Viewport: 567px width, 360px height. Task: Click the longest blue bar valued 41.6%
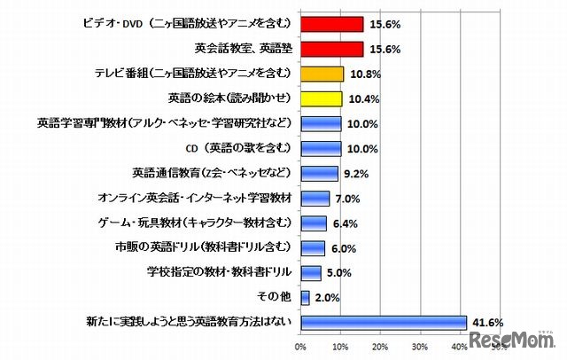pos(384,322)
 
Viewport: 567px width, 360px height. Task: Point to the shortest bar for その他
pos(306,297)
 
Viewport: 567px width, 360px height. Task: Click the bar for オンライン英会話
pos(315,198)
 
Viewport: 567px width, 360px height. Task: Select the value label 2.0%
pos(328,297)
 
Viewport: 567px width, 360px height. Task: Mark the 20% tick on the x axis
pos(380,345)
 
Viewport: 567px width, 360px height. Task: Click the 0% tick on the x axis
pos(301,345)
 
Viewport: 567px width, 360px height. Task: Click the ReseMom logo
pos(514,340)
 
